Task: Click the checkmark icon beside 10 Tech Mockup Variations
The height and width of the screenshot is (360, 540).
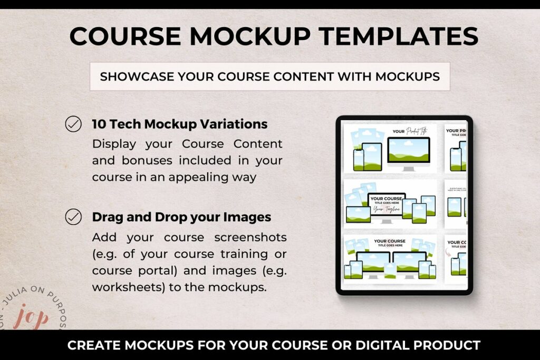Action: (73, 124)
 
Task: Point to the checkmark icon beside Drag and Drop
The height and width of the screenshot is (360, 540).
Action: (73, 217)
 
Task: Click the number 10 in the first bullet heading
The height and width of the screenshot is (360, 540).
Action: (99, 124)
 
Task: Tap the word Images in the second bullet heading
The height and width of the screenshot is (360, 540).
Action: (248, 217)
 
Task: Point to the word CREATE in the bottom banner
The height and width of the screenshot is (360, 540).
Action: (93, 346)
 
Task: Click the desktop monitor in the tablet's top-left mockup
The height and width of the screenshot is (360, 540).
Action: (409, 152)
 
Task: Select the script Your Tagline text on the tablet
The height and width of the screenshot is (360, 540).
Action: (387, 209)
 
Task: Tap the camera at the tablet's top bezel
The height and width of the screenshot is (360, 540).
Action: (404, 118)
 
